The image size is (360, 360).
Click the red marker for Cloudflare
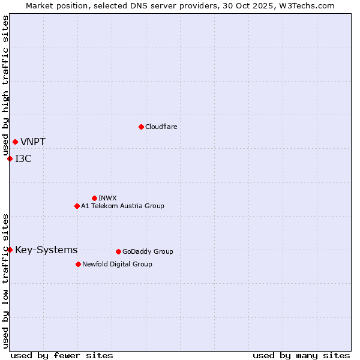[141, 127]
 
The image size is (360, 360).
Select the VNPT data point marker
[15, 142]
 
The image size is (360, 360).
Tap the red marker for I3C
[10, 158]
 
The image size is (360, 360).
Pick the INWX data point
[94, 198]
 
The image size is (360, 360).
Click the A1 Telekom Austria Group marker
[77, 206]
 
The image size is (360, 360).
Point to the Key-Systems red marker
[10, 250]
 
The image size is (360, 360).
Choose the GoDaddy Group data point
[118, 251]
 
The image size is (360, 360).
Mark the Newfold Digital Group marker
[78, 264]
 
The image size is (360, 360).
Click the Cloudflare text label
[161, 127]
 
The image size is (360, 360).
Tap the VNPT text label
[33, 142]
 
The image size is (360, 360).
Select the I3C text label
[23, 159]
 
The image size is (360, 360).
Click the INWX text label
[107, 198]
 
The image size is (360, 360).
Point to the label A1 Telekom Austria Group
[122, 206]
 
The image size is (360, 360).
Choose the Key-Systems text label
[46, 250]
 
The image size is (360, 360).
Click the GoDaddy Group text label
[148, 251]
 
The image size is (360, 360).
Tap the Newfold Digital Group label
[117, 264]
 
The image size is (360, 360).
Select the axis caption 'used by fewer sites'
[62, 355]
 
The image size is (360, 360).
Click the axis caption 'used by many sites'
[301, 355]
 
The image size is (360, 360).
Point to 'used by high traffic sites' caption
[5, 86]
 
